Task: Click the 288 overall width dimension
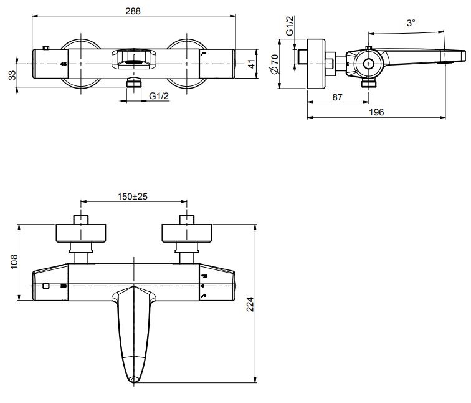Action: click(132, 11)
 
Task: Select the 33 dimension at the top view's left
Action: click(12, 75)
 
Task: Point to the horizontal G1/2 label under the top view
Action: click(161, 95)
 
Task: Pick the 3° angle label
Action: click(411, 23)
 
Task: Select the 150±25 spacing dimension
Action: click(133, 196)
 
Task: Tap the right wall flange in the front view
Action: click(187, 233)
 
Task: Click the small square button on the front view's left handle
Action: click(46, 286)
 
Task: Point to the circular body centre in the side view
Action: click(368, 64)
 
